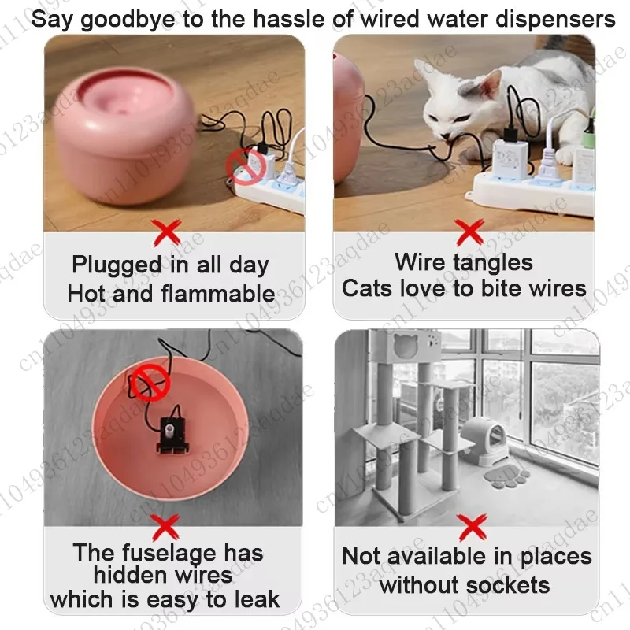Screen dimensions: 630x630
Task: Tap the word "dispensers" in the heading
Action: pyautogui.click(x=555, y=19)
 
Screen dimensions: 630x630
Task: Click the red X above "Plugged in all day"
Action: pyautogui.click(x=167, y=232)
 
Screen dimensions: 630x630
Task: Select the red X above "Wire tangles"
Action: pyautogui.click(x=470, y=232)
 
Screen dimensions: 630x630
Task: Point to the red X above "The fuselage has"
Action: pyautogui.click(x=165, y=528)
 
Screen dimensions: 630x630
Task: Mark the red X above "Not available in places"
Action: pyautogui.click(x=472, y=528)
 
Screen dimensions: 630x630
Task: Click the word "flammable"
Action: pyautogui.click(x=218, y=293)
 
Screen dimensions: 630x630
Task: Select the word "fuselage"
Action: pyautogui.click(x=170, y=554)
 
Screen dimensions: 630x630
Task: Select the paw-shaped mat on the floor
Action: pyautogui.click(x=506, y=476)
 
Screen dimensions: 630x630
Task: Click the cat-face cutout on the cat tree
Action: pyautogui.click(x=406, y=344)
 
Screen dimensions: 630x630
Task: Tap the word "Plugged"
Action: pyautogui.click(x=117, y=265)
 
